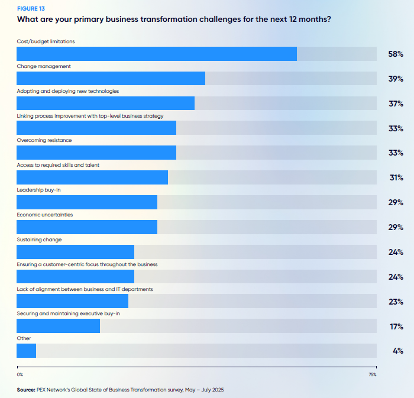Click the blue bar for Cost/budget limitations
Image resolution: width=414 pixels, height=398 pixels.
(157, 54)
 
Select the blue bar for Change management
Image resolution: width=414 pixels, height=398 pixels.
(111, 79)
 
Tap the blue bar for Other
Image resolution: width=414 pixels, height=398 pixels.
(27, 351)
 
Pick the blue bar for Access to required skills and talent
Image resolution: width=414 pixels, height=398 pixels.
(92, 177)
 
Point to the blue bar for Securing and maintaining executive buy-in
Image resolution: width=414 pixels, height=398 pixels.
(58, 326)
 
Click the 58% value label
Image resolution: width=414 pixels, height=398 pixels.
(396, 54)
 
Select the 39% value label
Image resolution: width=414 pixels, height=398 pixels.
(396, 79)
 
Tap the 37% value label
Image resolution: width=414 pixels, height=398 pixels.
(396, 104)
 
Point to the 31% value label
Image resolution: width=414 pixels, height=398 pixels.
(396, 177)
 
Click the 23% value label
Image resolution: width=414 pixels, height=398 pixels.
(396, 302)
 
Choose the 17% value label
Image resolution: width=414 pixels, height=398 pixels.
(396, 326)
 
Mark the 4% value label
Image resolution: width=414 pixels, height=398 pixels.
(397, 351)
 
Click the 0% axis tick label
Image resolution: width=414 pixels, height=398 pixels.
(20, 374)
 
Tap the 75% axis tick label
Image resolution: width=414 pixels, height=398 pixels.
(373, 374)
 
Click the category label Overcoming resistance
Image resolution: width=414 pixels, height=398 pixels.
(44, 141)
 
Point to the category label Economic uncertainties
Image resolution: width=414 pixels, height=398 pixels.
(45, 215)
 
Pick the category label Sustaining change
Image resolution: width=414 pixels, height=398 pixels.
(39, 240)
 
